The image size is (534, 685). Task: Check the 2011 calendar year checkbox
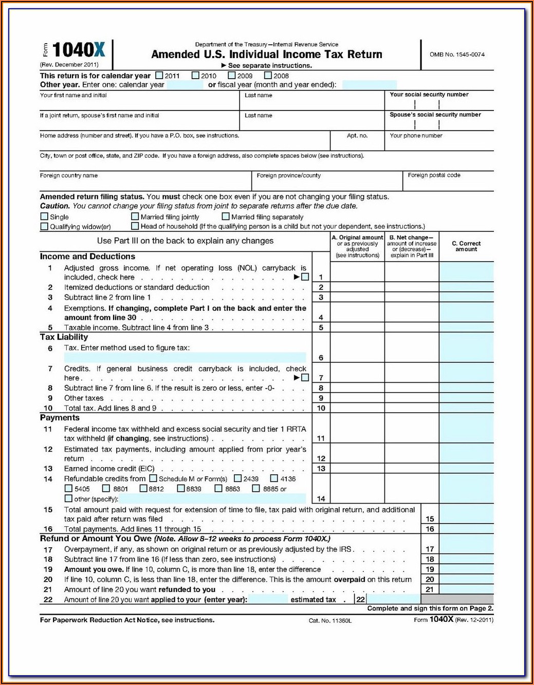[x=159, y=76]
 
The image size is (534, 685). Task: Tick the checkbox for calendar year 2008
[x=268, y=76]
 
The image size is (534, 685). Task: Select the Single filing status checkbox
[x=44, y=217]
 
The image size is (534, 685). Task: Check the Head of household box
[x=135, y=226]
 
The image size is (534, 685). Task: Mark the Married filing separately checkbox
[x=226, y=217]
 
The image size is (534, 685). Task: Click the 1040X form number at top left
[x=79, y=50]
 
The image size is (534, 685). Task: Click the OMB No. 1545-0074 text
[x=457, y=54]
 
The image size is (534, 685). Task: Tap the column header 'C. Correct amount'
[x=466, y=246]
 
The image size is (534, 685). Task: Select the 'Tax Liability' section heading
[x=64, y=337]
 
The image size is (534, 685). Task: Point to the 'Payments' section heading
[x=60, y=418]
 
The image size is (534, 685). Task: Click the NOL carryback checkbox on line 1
[x=305, y=277]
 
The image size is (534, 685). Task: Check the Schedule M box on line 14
[x=153, y=478]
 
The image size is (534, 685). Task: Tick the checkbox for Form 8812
[x=143, y=489]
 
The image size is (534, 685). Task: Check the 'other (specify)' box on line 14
[x=68, y=498]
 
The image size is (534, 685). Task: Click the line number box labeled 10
[x=321, y=408]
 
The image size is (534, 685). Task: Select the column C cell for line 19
[x=466, y=569]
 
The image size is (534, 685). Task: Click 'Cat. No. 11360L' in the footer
[x=330, y=621]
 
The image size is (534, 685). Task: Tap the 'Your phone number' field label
[x=416, y=136]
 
